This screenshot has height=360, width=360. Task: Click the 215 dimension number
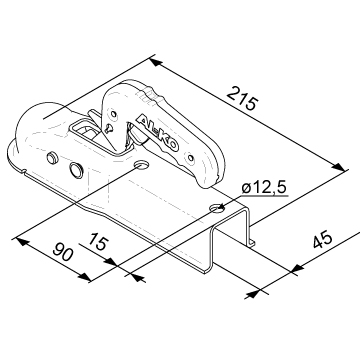point(242,98)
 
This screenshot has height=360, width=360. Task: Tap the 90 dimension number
point(63,252)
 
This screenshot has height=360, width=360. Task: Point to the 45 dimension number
point(323,239)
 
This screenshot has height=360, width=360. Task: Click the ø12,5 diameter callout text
point(264,188)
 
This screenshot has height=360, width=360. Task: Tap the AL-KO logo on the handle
point(158,133)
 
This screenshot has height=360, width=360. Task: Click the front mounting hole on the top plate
point(142,165)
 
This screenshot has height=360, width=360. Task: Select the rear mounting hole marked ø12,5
point(218,209)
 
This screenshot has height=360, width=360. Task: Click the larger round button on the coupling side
point(76,170)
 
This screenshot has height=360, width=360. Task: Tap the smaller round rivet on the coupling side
point(52,158)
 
